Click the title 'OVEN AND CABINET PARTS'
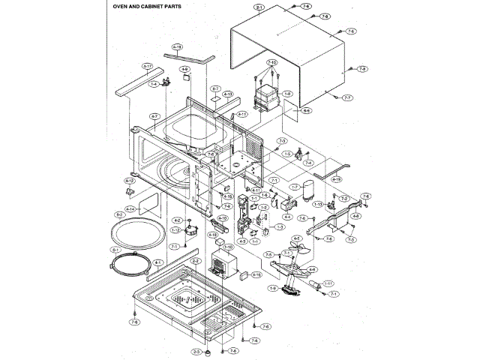(x=141, y=6)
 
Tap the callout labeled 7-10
(x=270, y=62)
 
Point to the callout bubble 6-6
(x=307, y=110)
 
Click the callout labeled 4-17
(x=147, y=67)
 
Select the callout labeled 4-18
(x=178, y=46)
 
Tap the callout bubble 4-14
(x=130, y=209)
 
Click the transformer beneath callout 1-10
(x=226, y=264)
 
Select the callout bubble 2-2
(x=196, y=260)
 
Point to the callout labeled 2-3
(x=196, y=351)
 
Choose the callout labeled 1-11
(x=328, y=283)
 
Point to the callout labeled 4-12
(x=129, y=180)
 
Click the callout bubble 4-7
(x=154, y=115)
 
